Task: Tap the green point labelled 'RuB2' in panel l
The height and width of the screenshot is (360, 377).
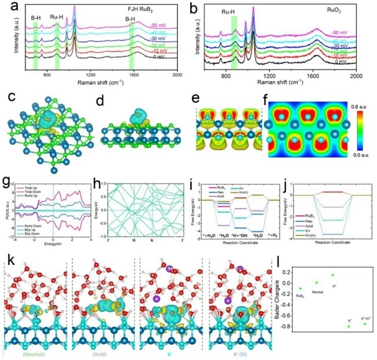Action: point(300,288)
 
